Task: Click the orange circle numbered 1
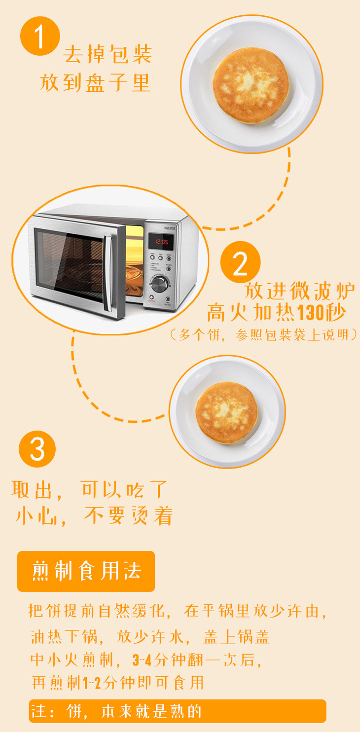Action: click(x=40, y=36)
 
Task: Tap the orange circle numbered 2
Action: click(x=240, y=261)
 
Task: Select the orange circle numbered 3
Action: click(x=37, y=449)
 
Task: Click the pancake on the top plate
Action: click(x=251, y=85)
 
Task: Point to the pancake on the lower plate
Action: click(x=226, y=413)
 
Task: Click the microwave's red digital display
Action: click(x=161, y=242)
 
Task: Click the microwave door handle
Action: click(x=108, y=273)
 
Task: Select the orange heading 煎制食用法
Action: click(x=86, y=571)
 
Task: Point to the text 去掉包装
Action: click(x=108, y=54)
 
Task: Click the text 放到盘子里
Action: click(x=95, y=82)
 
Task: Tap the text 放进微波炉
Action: click(x=299, y=291)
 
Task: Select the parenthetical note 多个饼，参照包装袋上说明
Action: click(x=263, y=335)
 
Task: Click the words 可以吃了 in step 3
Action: click(x=124, y=489)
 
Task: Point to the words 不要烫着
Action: click(x=128, y=516)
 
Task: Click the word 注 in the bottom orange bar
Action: click(x=38, y=711)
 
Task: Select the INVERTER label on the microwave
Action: click(x=170, y=228)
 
